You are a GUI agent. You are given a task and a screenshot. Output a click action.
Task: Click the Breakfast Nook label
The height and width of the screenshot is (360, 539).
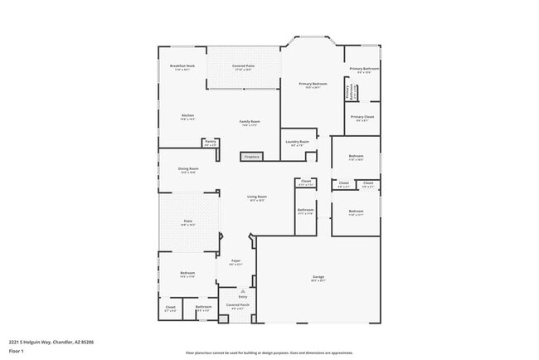182,66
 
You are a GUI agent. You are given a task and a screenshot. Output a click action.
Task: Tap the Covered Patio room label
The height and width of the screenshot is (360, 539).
243,66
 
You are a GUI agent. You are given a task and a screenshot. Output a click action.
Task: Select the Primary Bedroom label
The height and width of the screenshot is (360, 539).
313,84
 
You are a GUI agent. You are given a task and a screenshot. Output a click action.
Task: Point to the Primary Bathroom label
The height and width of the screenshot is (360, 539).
364,69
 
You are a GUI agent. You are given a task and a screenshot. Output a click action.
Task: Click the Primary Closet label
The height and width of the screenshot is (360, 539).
362,117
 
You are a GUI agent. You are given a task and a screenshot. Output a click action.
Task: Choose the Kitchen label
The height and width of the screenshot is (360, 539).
187,115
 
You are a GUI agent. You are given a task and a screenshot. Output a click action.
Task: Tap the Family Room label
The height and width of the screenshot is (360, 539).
250,122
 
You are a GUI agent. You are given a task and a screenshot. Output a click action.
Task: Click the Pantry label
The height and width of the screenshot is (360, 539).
210,141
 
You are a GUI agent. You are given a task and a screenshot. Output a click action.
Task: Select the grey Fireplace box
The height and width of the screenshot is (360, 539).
251,156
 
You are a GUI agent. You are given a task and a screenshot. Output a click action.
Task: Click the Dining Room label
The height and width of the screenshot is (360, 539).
187,169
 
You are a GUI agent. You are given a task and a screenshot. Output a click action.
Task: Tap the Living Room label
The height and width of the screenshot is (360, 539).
256,197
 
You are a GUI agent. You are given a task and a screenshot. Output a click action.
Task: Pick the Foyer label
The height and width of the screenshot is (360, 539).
236,261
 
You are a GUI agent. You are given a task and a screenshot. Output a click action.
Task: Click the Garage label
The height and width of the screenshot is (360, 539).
318,276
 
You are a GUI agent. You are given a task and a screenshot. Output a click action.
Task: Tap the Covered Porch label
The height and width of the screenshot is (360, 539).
239,305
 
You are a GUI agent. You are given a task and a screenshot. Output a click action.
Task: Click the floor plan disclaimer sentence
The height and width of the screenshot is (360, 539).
269,353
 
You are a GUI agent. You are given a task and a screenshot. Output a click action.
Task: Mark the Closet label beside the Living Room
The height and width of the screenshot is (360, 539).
306,181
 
